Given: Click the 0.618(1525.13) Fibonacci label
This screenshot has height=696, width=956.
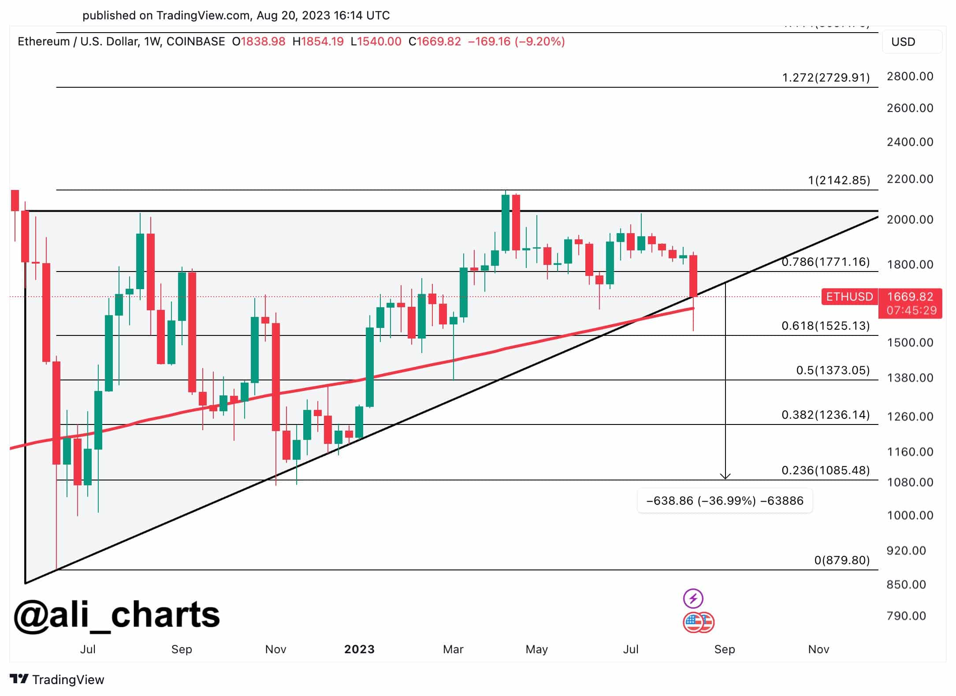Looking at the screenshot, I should tap(825, 326).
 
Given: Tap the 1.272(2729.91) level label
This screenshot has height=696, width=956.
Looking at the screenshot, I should tap(826, 78).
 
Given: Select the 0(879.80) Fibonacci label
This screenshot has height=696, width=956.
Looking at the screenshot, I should tap(841, 560).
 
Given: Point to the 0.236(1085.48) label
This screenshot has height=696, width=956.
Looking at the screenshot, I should tap(825, 470).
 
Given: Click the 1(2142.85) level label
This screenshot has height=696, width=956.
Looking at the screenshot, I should tap(839, 180).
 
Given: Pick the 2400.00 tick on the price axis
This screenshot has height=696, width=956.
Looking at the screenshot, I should tap(910, 142).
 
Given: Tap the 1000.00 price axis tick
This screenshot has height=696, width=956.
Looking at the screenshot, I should tap(910, 515).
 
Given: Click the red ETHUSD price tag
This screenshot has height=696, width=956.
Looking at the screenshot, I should tap(849, 297).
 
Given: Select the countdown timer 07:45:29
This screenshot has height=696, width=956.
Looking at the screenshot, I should tap(911, 310).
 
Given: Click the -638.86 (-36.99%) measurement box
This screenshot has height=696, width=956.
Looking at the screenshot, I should tap(724, 501).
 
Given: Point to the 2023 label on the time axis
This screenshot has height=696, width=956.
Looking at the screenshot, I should tap(359, 649).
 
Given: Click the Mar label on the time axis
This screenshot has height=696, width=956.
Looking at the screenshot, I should tap(453, 649).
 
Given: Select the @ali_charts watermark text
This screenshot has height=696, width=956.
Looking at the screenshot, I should tap(117, 615).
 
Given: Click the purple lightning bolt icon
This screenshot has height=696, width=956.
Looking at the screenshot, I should tap(693, 598).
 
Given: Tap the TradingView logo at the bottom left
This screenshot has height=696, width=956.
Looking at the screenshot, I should tap(57, 679).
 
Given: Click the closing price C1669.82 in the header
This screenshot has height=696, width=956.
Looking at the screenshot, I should tap(435, 41).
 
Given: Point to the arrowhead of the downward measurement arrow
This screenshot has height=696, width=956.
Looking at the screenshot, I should tap(725, 476).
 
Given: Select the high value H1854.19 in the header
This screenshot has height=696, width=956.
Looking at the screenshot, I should tap(318, 41).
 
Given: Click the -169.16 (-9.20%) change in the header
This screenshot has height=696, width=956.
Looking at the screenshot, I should tap(516, 41).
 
